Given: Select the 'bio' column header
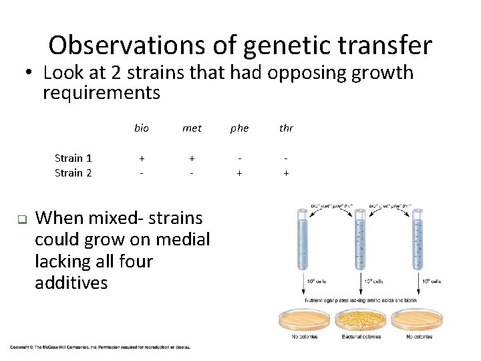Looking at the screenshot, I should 142,128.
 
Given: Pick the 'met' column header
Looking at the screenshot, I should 192,128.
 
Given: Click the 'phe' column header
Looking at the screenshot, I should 239,128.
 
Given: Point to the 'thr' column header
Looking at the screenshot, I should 286,128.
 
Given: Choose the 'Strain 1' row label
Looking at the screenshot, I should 73,158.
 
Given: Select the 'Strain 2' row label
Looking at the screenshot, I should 73,172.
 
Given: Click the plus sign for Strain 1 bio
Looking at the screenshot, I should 142,158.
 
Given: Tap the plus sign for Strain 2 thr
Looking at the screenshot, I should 286,172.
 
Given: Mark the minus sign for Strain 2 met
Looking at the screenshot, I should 192,172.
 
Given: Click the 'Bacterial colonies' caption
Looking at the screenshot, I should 361,336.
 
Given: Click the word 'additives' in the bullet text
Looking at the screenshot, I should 71,283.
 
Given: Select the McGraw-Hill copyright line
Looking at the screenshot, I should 100,347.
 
